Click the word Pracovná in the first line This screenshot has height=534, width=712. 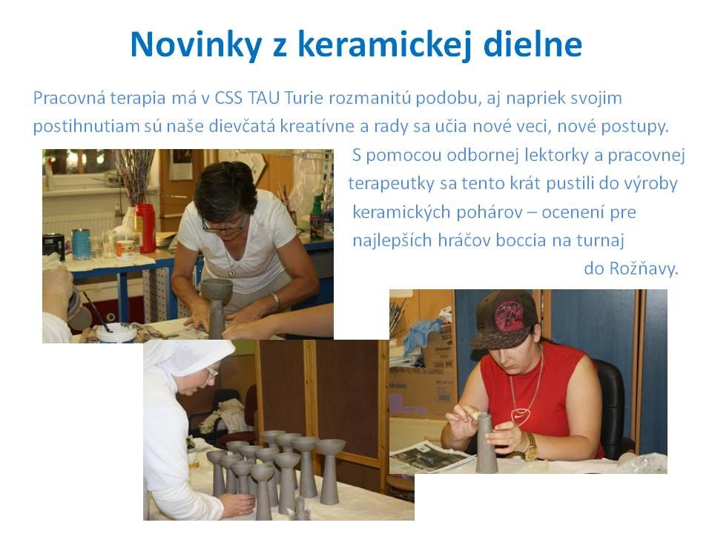click(x=69, y=99)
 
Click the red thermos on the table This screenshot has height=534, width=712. click(x=145, y=227)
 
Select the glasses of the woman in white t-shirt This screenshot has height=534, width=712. click(x=223, y=223)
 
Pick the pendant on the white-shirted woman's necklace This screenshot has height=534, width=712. click(x=232, y=273)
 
